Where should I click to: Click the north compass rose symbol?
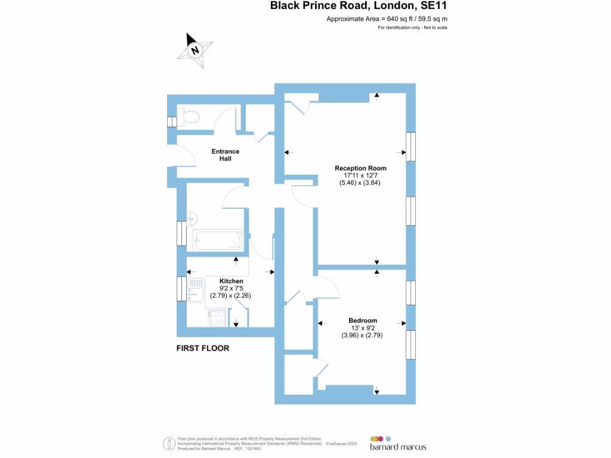pos(195,51)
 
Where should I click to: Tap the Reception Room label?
pos(360,168)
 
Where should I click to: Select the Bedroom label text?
pos(363,320)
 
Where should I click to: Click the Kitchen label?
pos(231,281)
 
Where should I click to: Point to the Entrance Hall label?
pos(225,155)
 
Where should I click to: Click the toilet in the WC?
pos(189,116)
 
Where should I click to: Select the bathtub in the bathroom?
pos(218,240)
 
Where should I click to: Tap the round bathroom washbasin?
pos(192,219)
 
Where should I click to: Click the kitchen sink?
pos(196,290)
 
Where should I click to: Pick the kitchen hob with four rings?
pos(217,318)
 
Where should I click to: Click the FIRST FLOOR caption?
pos(203,348)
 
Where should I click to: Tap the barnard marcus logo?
pos(398,444)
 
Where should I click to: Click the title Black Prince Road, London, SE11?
pos(359,5)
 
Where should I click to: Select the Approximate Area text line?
pos(387,18)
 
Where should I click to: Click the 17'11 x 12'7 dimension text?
pos(360,176)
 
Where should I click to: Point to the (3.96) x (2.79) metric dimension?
pos(362,335)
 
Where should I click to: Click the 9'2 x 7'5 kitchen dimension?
pos(231,289)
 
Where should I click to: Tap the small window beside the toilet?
pos(172,122)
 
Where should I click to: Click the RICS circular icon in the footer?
pos(169,444)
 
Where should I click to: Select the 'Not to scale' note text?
pos(436,27)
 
